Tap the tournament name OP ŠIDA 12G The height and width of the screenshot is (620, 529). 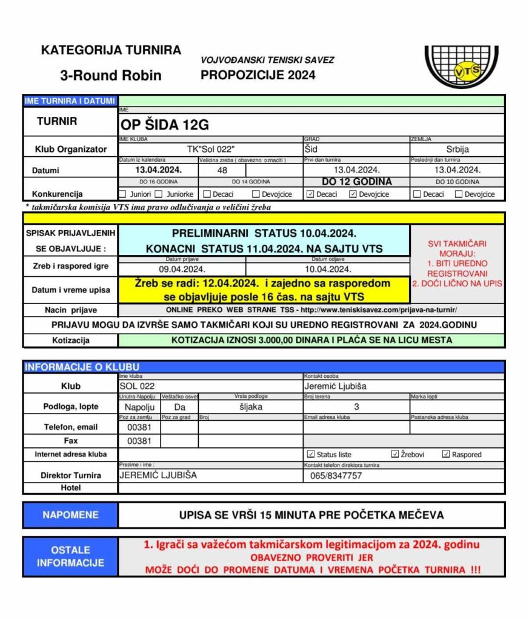point(165,125)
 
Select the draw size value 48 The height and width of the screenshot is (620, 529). point(222,170)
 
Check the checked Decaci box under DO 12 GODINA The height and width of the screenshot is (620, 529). point(310,194)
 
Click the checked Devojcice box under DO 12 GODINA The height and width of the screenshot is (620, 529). point(353,194)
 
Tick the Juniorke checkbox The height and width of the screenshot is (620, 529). point(159,194)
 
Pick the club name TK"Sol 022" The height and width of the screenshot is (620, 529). point(210,149)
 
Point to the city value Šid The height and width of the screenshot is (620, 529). point(311,149)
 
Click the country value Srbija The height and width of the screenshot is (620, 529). point(457,149)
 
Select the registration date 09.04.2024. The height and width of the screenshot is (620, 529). point(182,269)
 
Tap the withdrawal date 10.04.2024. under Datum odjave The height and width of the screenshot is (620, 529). point(328,269)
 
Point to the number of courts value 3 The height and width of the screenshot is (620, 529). point(356,407)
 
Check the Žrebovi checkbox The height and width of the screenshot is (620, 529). point(395,454)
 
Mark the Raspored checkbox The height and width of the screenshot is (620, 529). point(446,454)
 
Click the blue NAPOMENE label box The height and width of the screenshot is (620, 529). point(70,515)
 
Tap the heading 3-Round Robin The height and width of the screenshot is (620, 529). point(111,75)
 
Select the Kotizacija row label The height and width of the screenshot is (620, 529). point(70,340)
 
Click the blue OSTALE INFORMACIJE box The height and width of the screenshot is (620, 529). point(70,556)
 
